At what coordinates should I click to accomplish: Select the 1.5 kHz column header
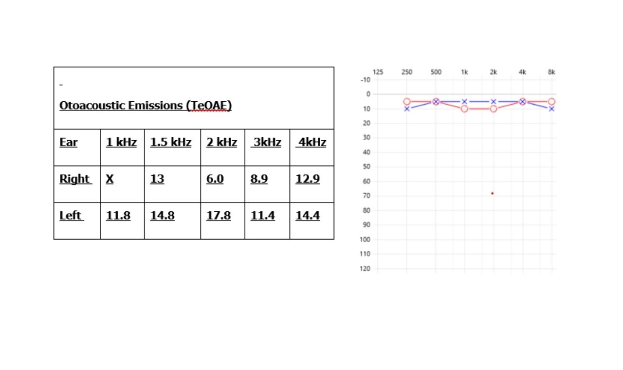coord(171,143)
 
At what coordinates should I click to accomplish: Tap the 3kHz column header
coord(267,143)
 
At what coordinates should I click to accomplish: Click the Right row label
coord(75,179)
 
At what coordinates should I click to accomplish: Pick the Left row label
coord(71,216)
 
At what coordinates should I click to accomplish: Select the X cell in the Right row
coord(110,179)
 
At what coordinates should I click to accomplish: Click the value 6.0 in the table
coord(215,179)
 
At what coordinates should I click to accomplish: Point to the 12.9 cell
coord(308,179)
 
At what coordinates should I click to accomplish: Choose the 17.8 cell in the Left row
coord(219,216)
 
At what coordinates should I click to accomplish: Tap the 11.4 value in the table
coord(263,216)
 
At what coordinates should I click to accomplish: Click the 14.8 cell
coord(163,216)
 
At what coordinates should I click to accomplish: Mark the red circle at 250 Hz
coord(407,102)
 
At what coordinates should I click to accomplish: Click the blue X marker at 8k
coord(551,109)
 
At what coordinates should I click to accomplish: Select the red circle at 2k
coord(494,109)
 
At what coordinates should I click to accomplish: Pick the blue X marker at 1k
coord(465,102)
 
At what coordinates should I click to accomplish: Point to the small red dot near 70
coord(492,193)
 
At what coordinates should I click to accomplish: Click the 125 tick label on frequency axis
coord(378,72)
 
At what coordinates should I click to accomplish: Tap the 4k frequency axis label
coord(522,72)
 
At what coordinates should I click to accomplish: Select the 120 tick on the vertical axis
coord(365,269)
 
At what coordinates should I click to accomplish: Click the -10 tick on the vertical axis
coord(365,79)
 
